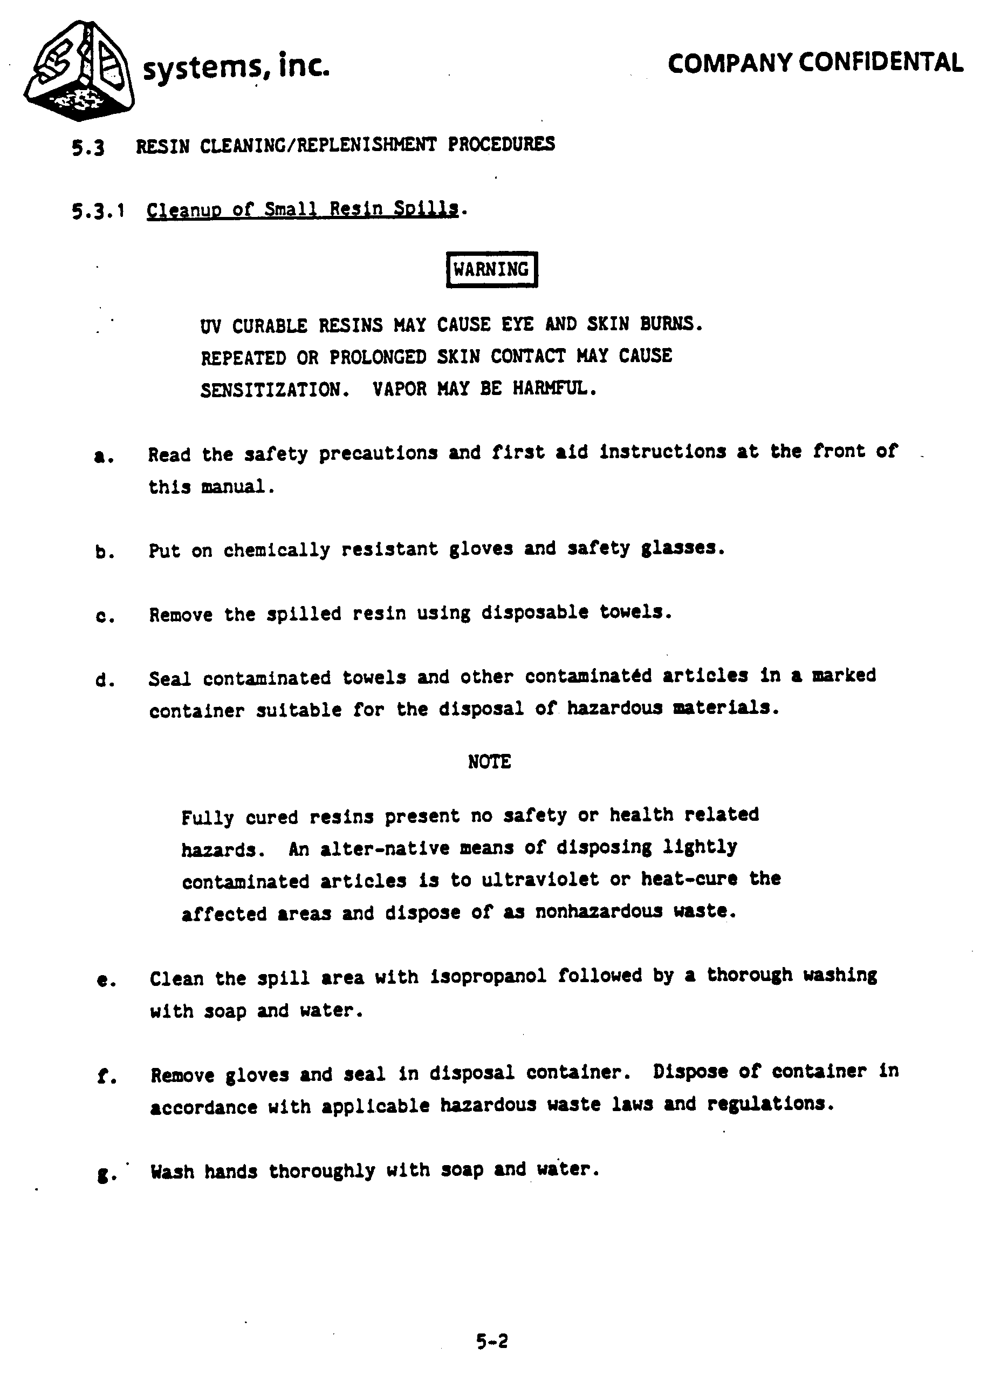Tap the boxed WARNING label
pos(491,269)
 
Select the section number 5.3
pos(88,147)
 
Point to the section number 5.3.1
pos(98,211)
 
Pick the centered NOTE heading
pos(489,761)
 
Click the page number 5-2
pos(491,1341)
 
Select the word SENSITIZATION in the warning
pos(275,389)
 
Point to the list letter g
pos(103,1175)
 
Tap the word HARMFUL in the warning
pos(554,388)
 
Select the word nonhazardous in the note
pos(599,911)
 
